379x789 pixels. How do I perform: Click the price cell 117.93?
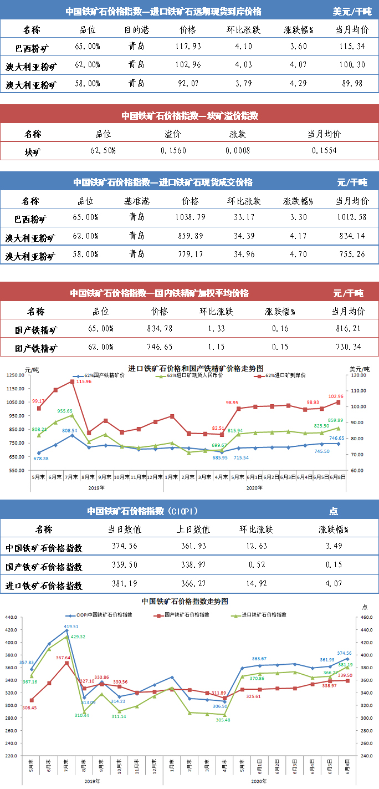(x=188, y=46)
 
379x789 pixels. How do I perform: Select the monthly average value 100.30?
(x=351, y=64)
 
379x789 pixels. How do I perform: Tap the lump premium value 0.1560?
(x=173, y=151)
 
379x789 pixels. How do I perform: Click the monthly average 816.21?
(x=348, y=328)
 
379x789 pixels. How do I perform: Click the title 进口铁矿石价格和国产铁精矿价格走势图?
(x=196, y=368)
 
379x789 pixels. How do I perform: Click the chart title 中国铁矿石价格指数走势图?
(x=185, y=600)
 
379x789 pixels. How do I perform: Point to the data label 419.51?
(x=71, y=626)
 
